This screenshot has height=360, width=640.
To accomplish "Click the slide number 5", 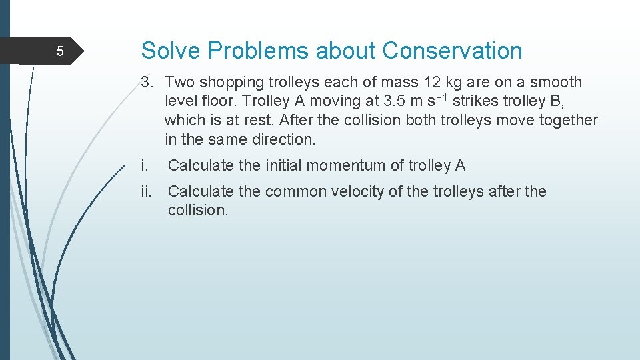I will (x=59, y=51).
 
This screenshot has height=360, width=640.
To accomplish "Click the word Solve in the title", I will (x=167, y=51).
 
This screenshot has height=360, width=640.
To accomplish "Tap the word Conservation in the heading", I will (x=453, y=51).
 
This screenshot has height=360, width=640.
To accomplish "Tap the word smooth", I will (x=556, y=83).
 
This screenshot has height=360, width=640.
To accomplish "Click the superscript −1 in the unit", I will (x=442, y=98).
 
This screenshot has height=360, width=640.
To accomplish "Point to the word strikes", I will (x=475, y=102).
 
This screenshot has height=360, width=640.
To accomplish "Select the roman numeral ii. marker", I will (x=147, y=192).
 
